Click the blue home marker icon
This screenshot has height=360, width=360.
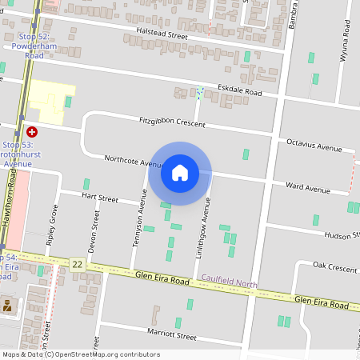pyautogui.click(x=180, y=173)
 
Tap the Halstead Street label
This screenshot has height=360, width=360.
pyautogui.click(x=162, y=36)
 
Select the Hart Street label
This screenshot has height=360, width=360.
pyautogui.click(x=100, y=198)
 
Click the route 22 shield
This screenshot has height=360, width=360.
pyautogui.click(x=77, y=264)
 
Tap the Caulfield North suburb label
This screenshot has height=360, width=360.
pyautogui.click(x=230, y=283)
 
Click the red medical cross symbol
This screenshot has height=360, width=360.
pyautogui.click(x=32, y=131)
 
